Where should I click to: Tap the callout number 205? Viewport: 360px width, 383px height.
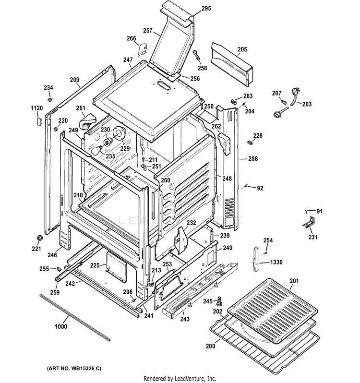242,49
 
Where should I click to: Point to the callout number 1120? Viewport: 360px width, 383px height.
37,109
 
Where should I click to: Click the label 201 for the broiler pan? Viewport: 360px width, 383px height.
294,281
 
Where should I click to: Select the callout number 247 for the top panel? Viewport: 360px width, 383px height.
128,60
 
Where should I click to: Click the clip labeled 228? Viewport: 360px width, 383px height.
250,143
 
